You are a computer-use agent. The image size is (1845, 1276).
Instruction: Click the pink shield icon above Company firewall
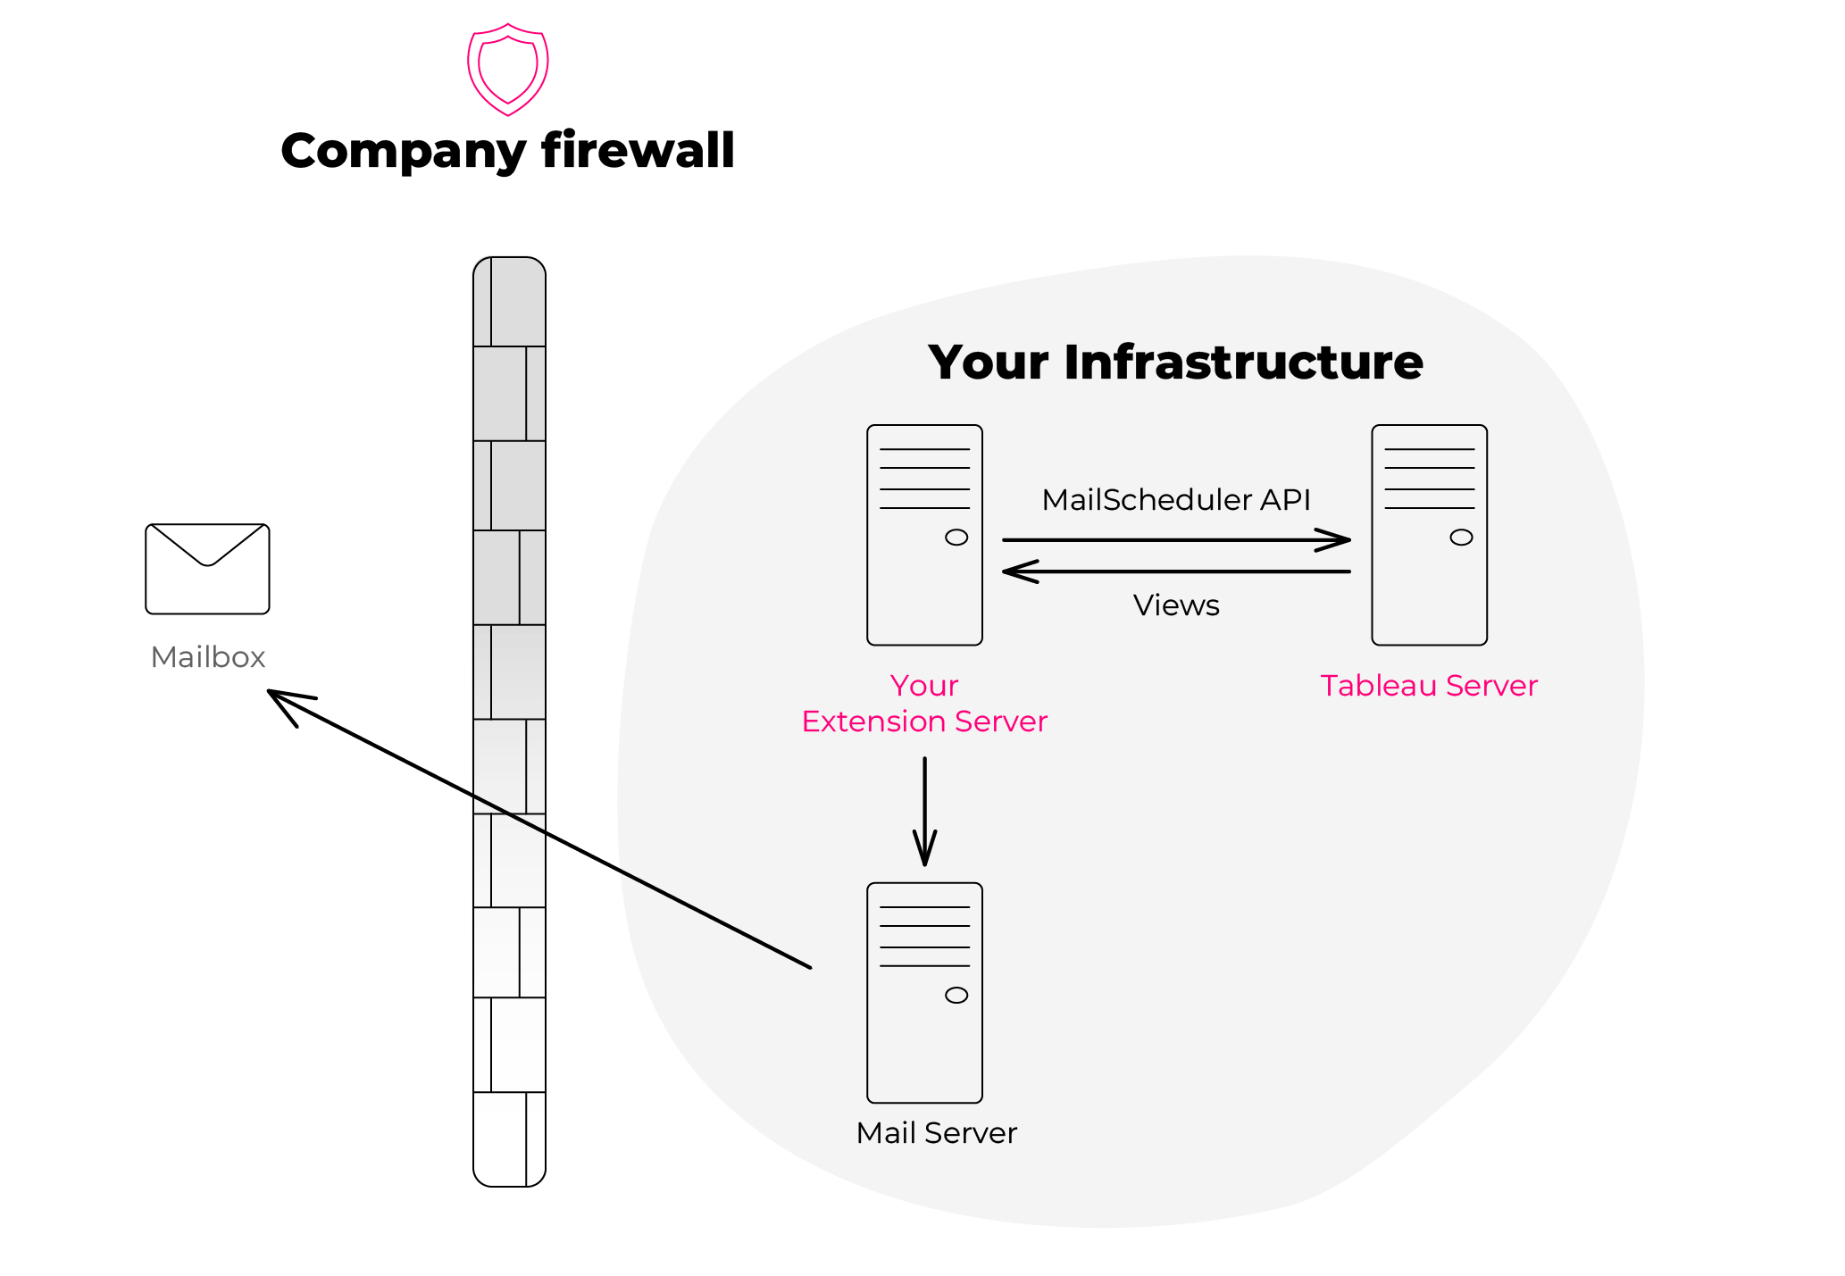coord(507,69)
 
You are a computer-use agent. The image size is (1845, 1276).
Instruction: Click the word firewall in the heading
coord(638,150)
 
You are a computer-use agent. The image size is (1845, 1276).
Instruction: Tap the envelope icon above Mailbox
coord(207,569)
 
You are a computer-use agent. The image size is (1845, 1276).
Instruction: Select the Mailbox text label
coord(208,657)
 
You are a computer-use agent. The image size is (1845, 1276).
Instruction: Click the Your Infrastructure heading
coord(1175,362)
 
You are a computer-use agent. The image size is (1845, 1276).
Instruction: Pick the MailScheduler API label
coord(1176,500)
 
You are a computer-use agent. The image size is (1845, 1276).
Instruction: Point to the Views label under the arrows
coord(1176,605)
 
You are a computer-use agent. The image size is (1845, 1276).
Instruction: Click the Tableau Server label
coord(1429,686)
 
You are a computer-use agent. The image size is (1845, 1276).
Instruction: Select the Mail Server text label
coord(936,1133)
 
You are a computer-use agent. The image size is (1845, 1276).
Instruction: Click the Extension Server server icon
coord(924,535)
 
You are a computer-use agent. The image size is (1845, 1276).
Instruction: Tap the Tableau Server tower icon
coord(1429,535)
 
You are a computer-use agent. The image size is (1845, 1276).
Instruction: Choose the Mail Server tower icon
coord(924,993)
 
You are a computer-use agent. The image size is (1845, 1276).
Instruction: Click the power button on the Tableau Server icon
coord(1461,538)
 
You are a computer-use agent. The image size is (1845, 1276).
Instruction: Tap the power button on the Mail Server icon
coord(956,996)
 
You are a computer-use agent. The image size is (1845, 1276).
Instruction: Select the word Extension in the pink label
coord(873,721)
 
